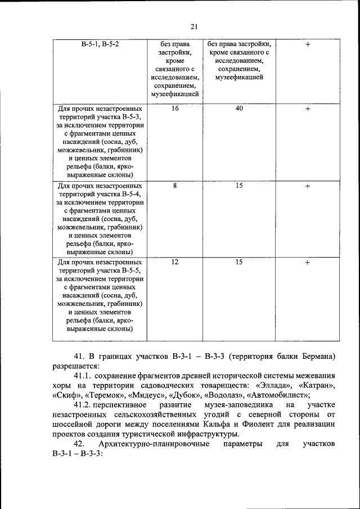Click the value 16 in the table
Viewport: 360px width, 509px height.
pyautogui.click(x=175, y=108)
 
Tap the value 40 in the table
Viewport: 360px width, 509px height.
pyautogui.click(x=239, y=108)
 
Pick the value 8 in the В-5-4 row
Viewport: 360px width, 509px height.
pyautogui.click(x=175, y=185)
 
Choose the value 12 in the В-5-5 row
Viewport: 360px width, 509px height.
pyautogui.click(x=175, y=262)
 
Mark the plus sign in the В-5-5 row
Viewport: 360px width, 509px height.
pyautogui.click(x=308, y=263)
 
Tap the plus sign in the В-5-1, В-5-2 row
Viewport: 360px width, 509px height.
pyautogui.click(x=308, y=44)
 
